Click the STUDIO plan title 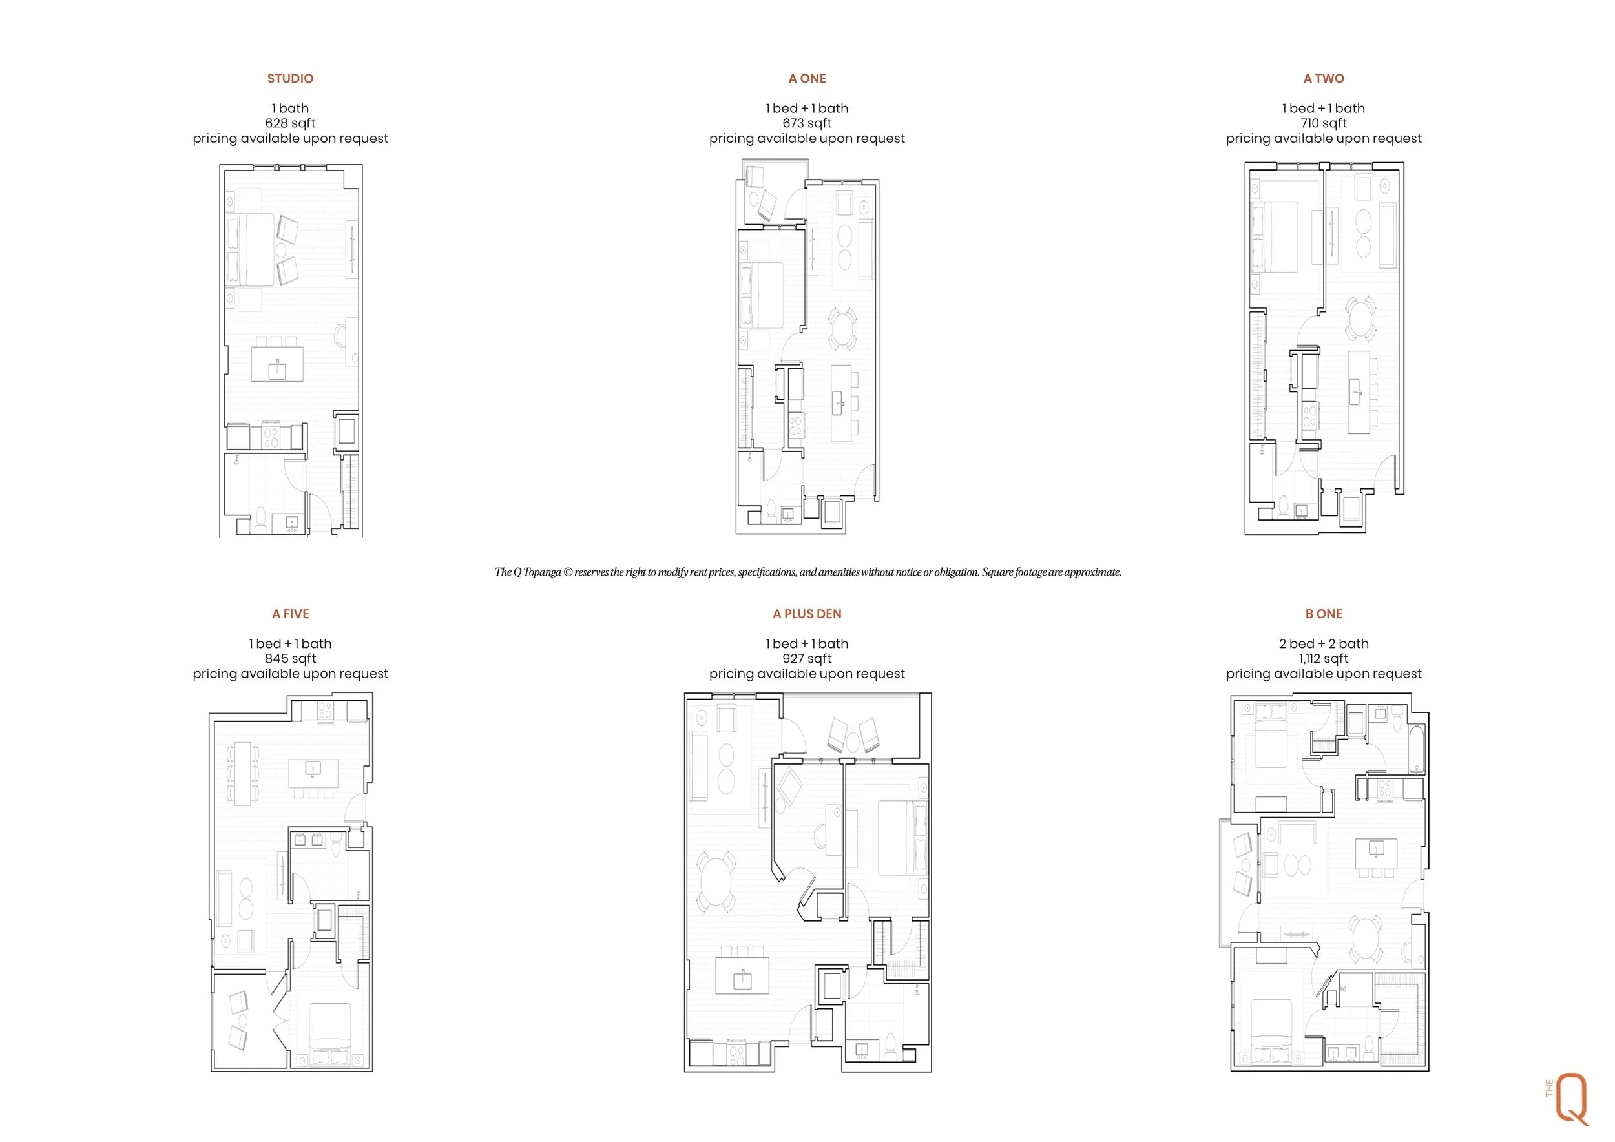(x=290, y=79)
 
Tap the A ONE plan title (x=807, y=79)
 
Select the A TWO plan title (x=1323, y=79)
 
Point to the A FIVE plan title (x=291, y=614)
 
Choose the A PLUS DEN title (x=807, y=614)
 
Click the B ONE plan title (x=1323, y=614)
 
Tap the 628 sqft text (x=291, y=124)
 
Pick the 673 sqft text (x=807, y=124)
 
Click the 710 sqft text (x=1323, y=124)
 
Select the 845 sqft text (x=291, y=659)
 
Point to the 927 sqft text (x=807, y=659)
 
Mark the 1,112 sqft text (x=1323, y=659)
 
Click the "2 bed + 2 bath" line (x=1323, y=643)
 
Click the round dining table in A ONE (x=842, y=327)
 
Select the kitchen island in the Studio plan (x=277, y=364)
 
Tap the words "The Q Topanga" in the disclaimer (x=528, y=572)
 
